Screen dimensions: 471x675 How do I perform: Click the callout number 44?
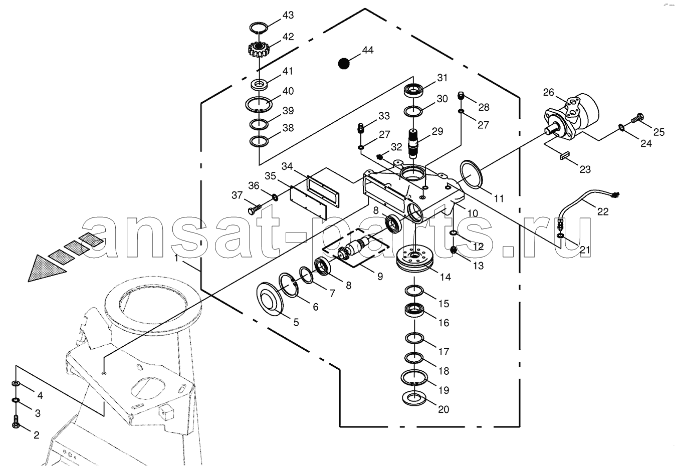(368, 51)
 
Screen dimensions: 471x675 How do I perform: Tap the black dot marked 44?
(343, 64)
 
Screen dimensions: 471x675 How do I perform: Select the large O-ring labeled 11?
(471, 175)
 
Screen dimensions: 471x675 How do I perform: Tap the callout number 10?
(473, 213)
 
